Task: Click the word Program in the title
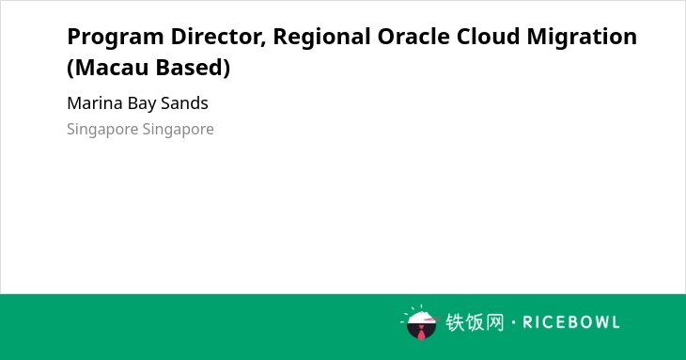click(x=116, y=38)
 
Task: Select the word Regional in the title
click(x=321, y=38)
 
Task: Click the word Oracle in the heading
click(x=413, y=37)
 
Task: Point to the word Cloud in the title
click(x=488, y=37)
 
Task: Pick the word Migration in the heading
click(x=582, y=38)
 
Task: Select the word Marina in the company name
click(x=95, y=103)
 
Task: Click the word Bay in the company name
click(x=141, y=104)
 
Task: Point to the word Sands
click(x=184, y=103)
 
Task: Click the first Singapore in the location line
click(x=102, y=130)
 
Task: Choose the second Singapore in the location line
click(x=178, y=130)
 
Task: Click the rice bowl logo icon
click(x=421, y=322)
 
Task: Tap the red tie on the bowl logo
click(x=421, y=334)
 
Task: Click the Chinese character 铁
click(x=455, y=322)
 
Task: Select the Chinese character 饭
click(x=475, y=322)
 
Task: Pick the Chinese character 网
click(x=494, y=322)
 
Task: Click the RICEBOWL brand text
click(x=571, y=322)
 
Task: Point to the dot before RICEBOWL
click(x=513, y=322)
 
